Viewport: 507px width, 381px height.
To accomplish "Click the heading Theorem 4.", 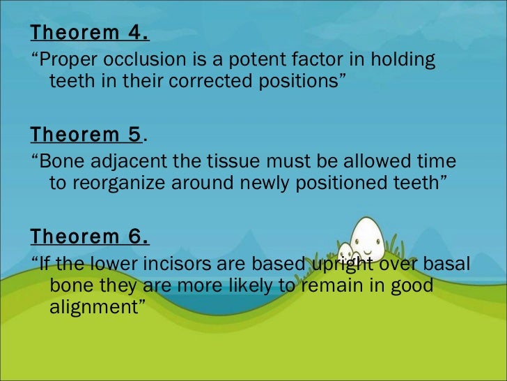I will click(x=90, y=33).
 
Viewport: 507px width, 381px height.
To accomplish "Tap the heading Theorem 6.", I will click(x=90, y=237).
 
